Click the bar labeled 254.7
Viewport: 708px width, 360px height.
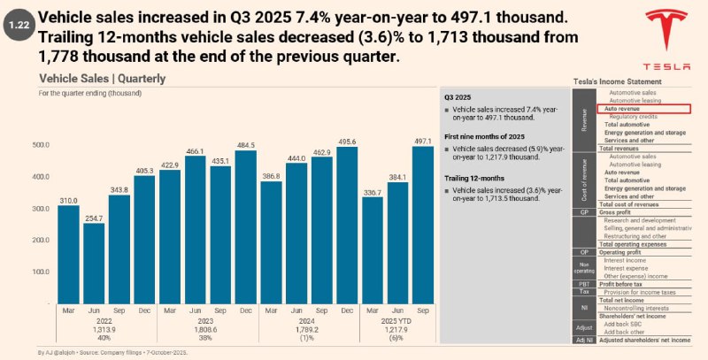pos(94,263)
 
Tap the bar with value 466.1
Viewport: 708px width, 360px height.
pos(196,229)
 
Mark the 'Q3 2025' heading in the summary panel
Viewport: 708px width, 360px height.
pos(458,96)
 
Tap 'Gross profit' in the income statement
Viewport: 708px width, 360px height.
pos(619,213)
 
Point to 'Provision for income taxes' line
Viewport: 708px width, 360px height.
pos(643,291)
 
